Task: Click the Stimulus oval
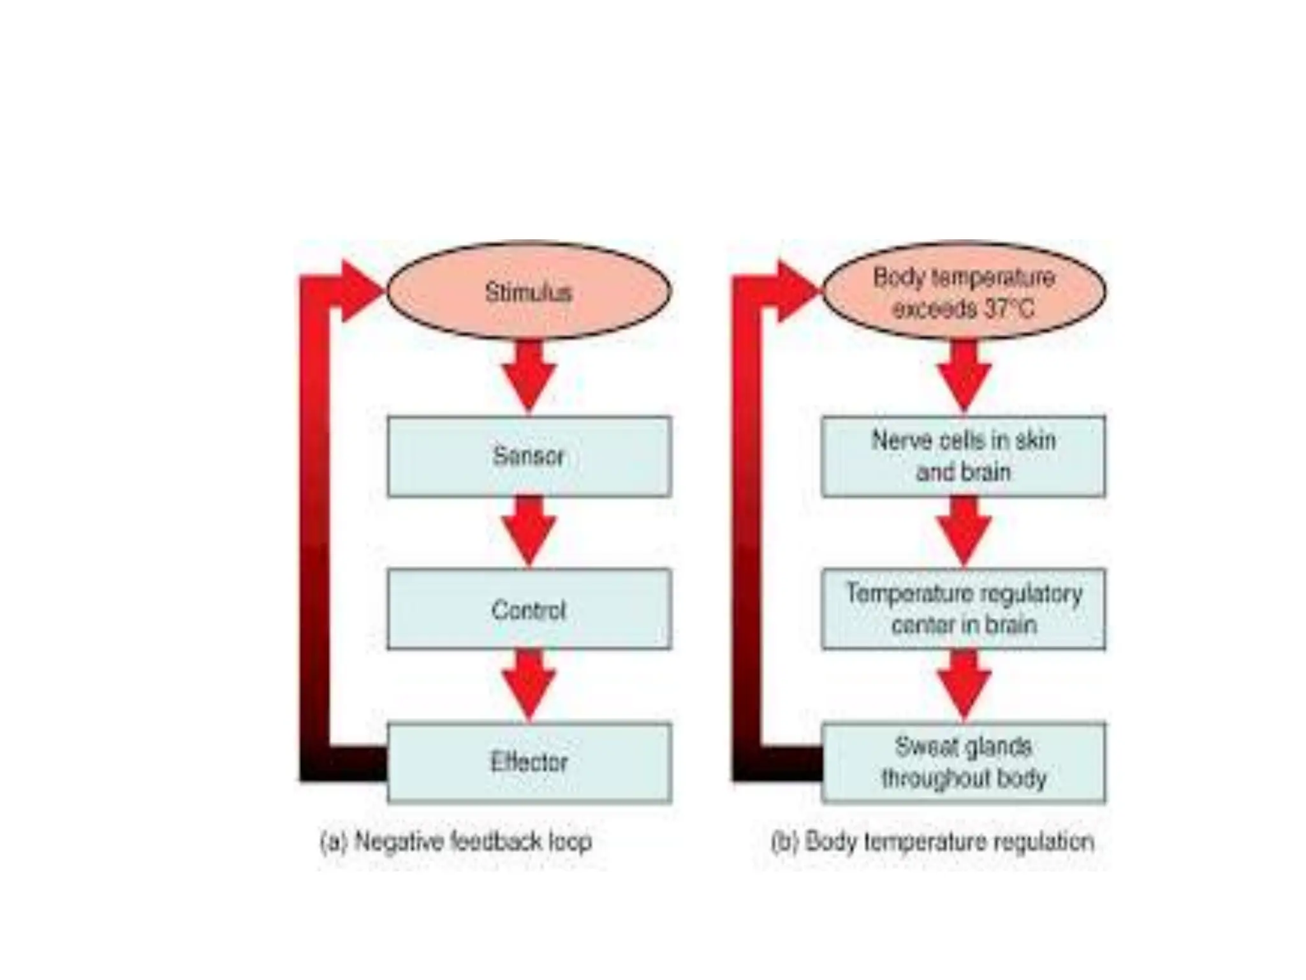tap(529, 292)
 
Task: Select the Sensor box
tap(529, 456)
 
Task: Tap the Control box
tap(529, 609)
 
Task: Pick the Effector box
tap(529, 762)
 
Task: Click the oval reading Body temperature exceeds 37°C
tap(964, 292)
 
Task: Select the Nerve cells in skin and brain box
tap(964, 456)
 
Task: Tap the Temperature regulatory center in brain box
tap(964, 609)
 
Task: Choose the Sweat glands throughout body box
tap(964, 762)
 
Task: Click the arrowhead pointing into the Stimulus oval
tap(360, 291)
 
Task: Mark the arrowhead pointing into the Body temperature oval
tap(795, 291)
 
